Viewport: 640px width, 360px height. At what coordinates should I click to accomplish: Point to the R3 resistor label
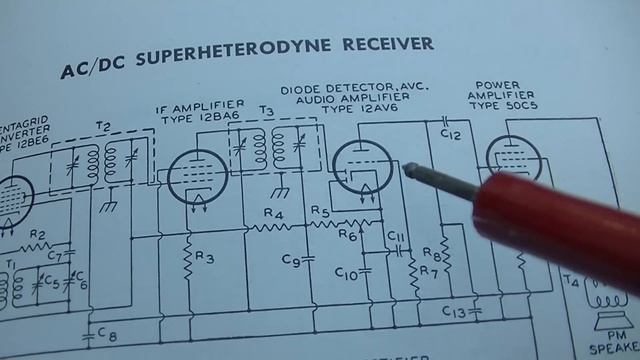point(204,258)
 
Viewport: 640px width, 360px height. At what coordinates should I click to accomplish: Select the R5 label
point(320,211)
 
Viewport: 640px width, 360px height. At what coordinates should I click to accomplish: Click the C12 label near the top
point(450,133)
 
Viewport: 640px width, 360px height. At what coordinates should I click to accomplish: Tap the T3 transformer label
point(266,110)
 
